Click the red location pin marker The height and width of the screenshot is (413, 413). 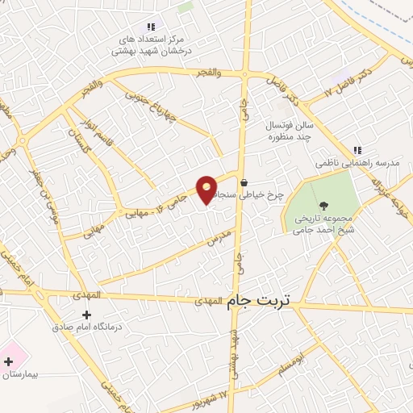pyautogui.click(x=207, y=189)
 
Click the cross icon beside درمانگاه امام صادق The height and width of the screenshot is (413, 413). pyautogui.click(x=86, y=315)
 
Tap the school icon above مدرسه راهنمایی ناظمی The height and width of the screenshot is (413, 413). pyautogui.click(x=357, y=150)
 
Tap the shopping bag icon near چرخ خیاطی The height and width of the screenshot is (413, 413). pyautogui.click(x=243, y=183)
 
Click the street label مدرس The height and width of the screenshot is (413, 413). pyautogui.click(x=219, y=237)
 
